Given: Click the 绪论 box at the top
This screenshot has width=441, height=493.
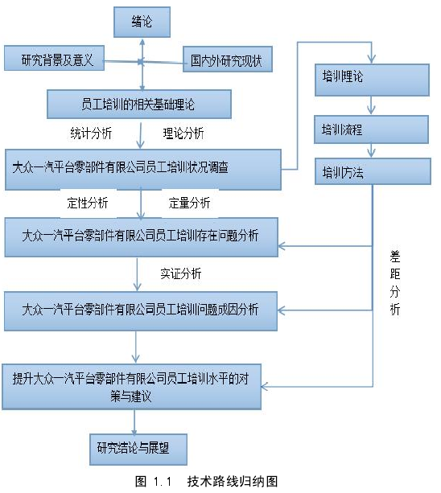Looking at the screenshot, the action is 142,22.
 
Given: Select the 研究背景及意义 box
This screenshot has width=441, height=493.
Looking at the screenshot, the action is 54,58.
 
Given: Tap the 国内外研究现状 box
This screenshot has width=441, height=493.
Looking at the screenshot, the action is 228,60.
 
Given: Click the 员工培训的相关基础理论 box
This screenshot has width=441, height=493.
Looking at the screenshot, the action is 139,104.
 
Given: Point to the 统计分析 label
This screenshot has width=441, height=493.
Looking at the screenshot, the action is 91,134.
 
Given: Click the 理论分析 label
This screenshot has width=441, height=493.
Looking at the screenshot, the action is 183,134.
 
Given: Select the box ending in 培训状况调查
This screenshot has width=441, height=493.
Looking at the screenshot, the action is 143,170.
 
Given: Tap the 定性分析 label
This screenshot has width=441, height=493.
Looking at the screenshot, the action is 88,203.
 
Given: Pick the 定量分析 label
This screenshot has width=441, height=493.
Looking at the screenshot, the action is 189,203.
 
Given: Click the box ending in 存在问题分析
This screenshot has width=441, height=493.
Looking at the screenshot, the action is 142,237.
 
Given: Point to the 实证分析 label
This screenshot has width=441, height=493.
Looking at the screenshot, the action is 181,273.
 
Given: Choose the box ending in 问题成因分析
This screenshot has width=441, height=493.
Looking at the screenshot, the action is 141,311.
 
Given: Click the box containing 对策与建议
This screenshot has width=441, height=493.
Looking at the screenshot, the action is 131,387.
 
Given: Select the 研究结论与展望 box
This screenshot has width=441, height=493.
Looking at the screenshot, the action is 138,450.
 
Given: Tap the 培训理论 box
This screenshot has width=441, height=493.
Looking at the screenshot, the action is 372,80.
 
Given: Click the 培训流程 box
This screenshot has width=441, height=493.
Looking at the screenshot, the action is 371,129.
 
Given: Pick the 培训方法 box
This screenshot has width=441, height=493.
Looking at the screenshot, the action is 373,171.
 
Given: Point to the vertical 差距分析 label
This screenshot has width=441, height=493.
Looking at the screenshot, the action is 395,283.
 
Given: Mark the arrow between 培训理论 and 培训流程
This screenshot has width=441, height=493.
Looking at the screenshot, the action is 371,105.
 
